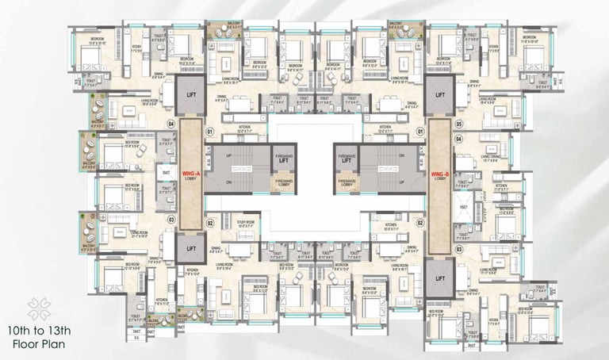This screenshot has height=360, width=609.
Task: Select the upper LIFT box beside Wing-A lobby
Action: tap(190, 92)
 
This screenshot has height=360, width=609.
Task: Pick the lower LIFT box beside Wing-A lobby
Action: tap(190, 249)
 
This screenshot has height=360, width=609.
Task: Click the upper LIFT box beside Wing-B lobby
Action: tap(439, 92)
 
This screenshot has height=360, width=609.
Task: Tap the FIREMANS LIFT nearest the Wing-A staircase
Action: tap(283, 159)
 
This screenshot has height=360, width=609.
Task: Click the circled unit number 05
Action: tap(459, 124)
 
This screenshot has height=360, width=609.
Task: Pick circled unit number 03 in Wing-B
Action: tap(459, 249)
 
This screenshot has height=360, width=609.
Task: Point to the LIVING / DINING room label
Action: tap(490, 157)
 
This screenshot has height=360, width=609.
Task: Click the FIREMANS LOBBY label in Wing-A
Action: tap(283, 182)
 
